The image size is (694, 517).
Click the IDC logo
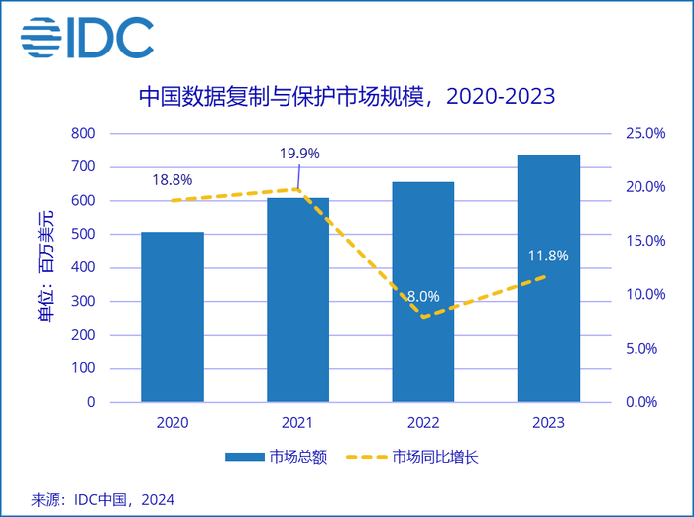pos(88,38)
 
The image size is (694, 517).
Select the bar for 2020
pos(173,317)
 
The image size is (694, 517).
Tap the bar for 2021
pos(297,300)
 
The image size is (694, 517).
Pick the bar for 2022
pos(423,292)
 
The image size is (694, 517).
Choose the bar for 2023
pos(548,278)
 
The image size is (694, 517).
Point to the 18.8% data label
pos(173,179)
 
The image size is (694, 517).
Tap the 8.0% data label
pos(422,296)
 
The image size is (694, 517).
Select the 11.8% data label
pos(548,256)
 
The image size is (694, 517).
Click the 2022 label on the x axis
pos(422,422)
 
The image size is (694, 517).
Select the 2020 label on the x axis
pos(173,422)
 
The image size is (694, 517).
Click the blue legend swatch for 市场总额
pos(244,457)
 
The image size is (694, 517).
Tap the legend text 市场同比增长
pos(436,457)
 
